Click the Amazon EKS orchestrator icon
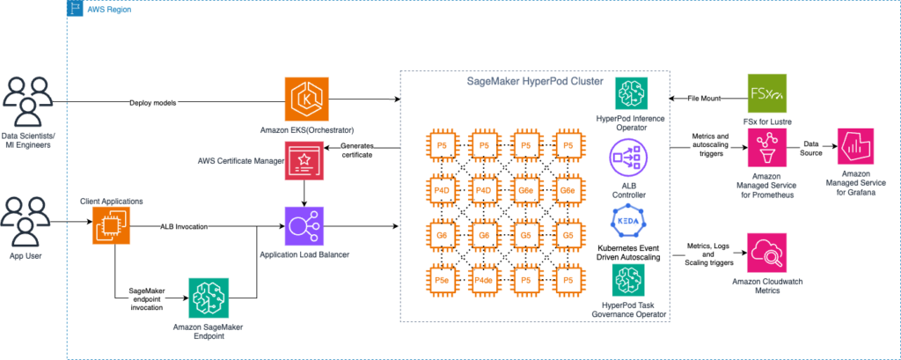tap(305, 99)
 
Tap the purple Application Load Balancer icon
tap(305, 226)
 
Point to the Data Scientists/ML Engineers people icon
tap(30, 99)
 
